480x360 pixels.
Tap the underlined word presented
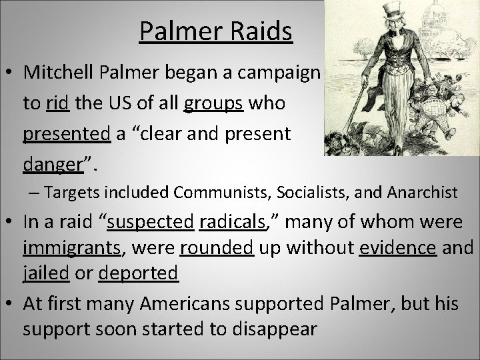click(67, 134)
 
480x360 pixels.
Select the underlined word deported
click(138, 273)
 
